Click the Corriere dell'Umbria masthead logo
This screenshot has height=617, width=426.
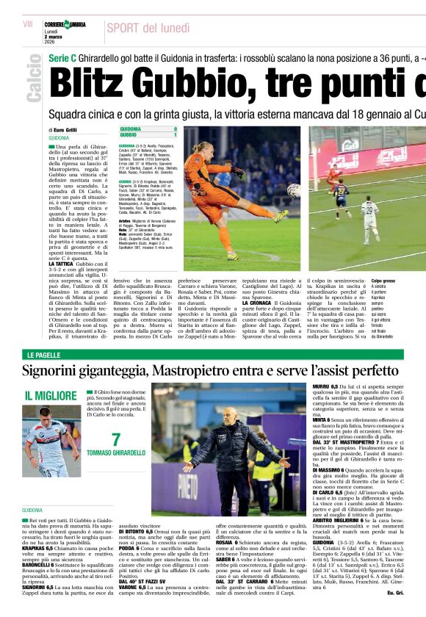point(65,24)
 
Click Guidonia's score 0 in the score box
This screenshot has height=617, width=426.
point(175,129)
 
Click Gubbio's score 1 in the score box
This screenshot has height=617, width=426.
point(175,135)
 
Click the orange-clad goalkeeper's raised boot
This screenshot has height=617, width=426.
point(281,216)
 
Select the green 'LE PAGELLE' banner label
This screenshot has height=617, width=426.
point(43,355)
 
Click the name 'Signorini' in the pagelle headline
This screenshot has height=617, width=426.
point(64,372)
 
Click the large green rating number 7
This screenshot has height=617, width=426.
point(115,440)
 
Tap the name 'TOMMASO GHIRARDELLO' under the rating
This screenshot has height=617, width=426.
point(115,453)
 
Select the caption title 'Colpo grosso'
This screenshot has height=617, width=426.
point(387,281)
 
